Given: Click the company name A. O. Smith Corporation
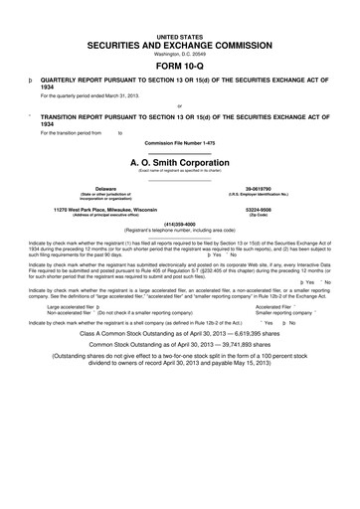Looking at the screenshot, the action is click(180, 162).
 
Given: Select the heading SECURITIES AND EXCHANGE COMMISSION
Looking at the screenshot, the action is click(179, 47).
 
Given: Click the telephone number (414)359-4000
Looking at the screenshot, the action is click(180, 224).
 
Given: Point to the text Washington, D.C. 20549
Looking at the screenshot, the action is click(179, 56).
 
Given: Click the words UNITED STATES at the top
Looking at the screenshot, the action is click(179, 35).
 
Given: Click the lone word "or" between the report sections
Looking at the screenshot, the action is click(179, 104).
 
